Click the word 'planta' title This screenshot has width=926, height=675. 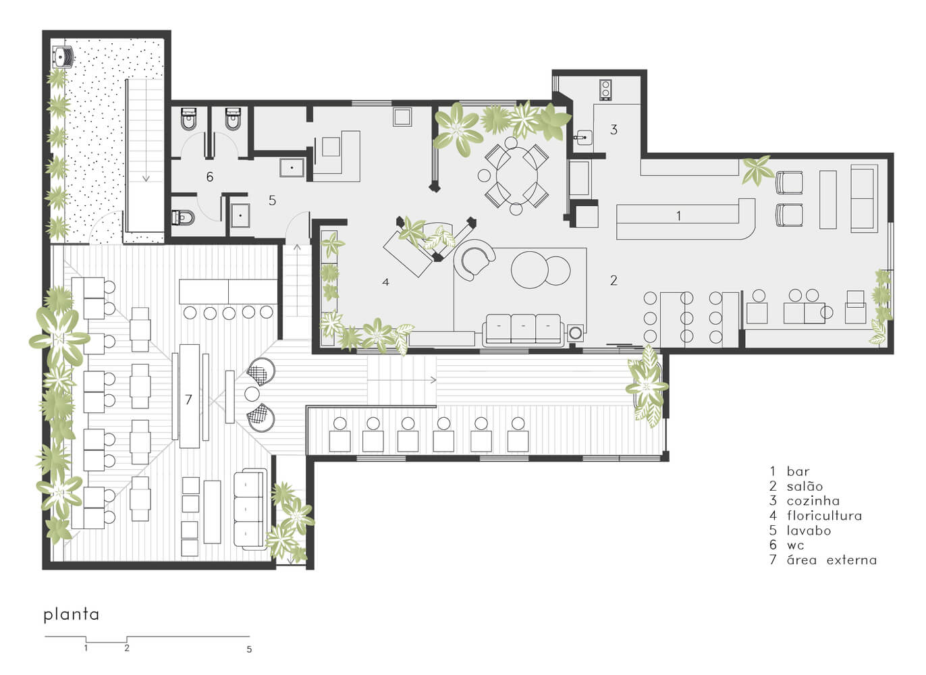pyautogui.click(x=71, y=615)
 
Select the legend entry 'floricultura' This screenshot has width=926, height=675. pyautogui.click(x=824, y=516)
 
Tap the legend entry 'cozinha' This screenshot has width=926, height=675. pyautogui.click(x=813, y=501)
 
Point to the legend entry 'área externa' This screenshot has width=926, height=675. pyautogui.click(x=832, y=560)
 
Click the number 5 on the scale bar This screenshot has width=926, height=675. pyautogui.click(x=249, y=649)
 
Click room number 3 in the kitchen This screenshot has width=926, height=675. pyautogui.click(x=614, y=130)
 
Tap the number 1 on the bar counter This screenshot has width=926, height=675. pyautogui.click(x=678, y=216)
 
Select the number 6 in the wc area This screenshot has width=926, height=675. pyautogui.click(x=210, y=177)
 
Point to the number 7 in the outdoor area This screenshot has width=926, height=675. pyautogui.click(x=188, y=400)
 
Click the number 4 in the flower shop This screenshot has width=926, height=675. pyautogui.click(x=385, y=282)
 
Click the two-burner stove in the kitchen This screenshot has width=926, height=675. pyautogui.click(x=605, y=90)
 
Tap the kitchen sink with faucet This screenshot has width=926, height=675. pyautogui.click(x=583, y=137)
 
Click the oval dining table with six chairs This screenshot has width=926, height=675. pyautogui.click(x=517, y=175)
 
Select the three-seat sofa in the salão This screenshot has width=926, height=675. pyautogui.click(x=523, y=329)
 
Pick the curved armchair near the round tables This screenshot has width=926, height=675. pyautogui.click(x=474, y=260)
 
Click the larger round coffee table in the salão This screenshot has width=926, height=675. pyautogui.click(x=530, y=269)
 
